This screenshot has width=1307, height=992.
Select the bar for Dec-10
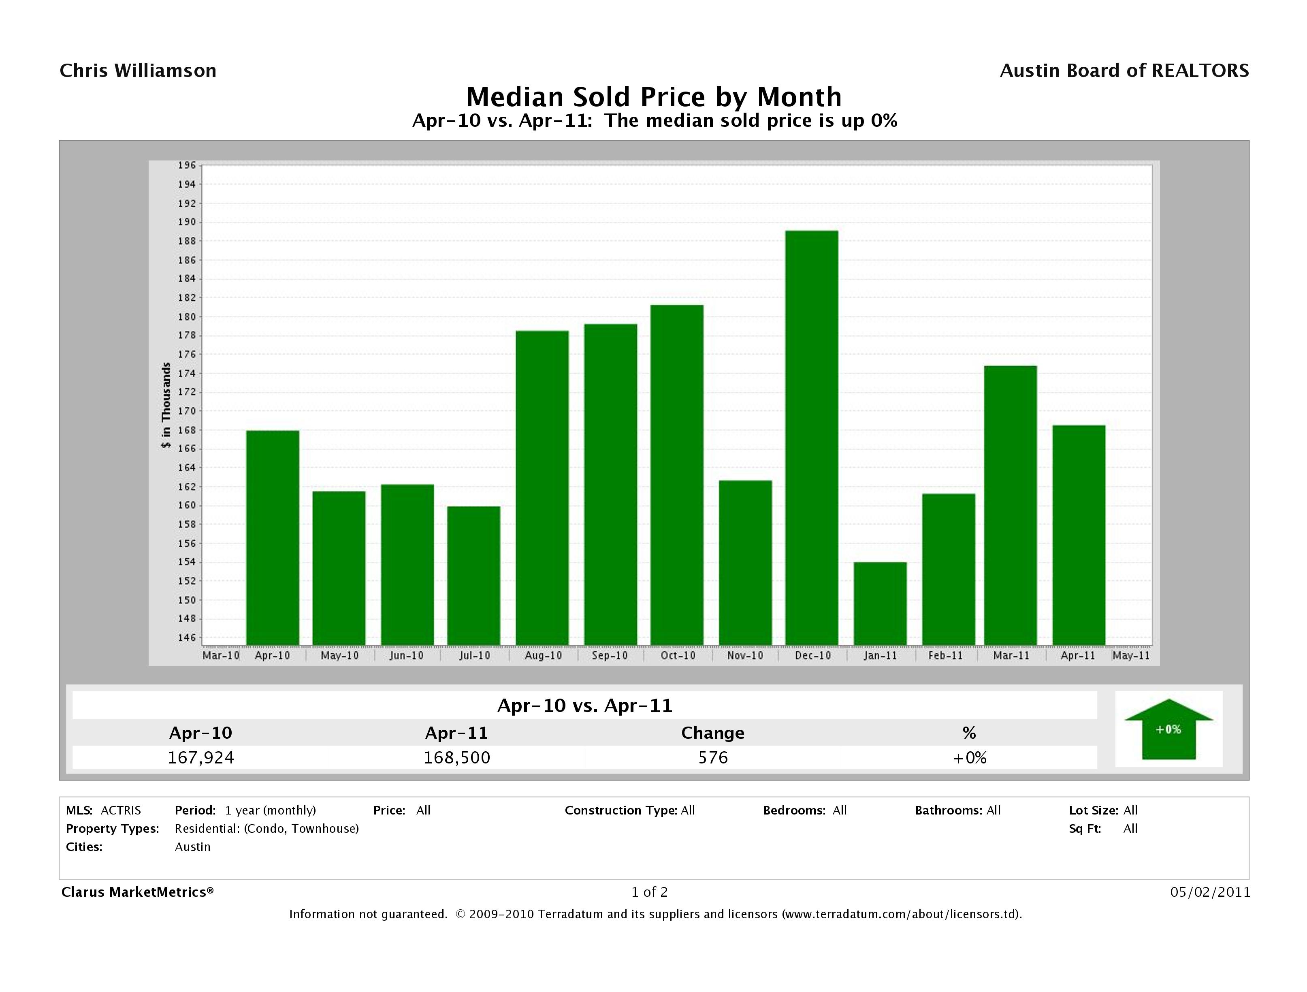(x=811, y=438)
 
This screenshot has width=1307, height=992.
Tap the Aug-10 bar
(x=542, y=488)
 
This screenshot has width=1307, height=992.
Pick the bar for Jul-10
(x=473, y=575)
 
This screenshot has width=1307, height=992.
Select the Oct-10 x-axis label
(x=678, y=656)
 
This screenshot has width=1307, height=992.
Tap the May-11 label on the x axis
(x=1130, y=656)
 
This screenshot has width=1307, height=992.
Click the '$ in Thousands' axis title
(x=166, y=406)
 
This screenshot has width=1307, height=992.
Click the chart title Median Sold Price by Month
(x=654, y=97)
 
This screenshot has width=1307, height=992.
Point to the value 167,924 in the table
(x=201, y=758)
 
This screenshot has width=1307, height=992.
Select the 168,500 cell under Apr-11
(x=457, y=758)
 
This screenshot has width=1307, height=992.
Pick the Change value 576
(x=712, y=758)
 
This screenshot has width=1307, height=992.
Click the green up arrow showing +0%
(x=1168, y=729)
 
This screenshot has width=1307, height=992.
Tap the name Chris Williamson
(x=138, y=71)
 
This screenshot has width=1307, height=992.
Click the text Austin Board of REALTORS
(x=1124, y=71)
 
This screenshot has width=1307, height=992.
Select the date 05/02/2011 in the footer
(x=1210, y=892)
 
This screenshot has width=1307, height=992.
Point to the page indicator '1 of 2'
(x=649, y=892)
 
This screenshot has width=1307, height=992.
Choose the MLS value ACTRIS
(x=121, y=810)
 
